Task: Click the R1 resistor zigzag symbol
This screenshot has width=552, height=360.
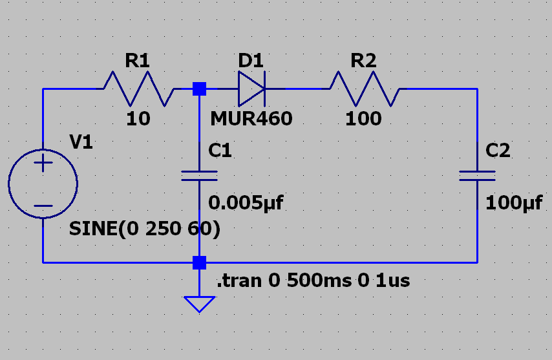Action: coord(138,89)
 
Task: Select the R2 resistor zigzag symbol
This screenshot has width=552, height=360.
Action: coord(365,89)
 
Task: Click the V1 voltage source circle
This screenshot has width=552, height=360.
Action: coord(43,183)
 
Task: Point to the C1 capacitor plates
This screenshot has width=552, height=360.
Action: coord(199,176)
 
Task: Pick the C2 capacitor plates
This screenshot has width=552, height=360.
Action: coord(477,176)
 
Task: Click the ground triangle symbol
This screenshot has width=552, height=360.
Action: coord(199,303)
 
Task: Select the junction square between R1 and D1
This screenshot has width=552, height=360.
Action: coord(200,89)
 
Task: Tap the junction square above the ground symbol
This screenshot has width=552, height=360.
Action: coord(200,262)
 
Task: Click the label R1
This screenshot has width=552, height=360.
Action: coord(138,61)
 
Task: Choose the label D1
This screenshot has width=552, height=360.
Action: coord(251,61)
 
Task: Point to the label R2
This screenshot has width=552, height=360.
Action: coord(363,61)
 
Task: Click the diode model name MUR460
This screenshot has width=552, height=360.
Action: coord(251,119)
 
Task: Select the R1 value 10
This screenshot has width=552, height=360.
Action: coord(138,119)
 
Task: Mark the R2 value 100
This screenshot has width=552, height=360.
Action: coord(363,119)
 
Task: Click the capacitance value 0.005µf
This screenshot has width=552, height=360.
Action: coord(246,203)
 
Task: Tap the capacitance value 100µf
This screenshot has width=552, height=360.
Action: coord(514,203)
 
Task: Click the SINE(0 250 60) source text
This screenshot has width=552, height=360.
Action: coord(145,229)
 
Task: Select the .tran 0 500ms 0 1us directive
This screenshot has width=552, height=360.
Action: coord(313,281)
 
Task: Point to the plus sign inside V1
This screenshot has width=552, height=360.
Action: coord(43,164)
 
